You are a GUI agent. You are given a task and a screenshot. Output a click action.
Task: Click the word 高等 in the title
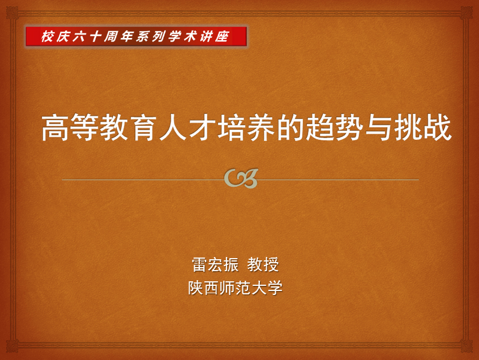(x=70, y=127)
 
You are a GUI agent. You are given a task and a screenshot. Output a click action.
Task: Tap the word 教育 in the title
(x=129, y=127)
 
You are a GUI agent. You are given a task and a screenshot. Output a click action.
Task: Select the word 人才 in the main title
(x=187, y=127)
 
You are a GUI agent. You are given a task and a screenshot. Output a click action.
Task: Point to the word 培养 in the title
(x=246, y=127)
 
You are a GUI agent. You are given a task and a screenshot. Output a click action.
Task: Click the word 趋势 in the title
(x=334, y=127)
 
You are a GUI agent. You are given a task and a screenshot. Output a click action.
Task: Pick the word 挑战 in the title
(x=423, y=127)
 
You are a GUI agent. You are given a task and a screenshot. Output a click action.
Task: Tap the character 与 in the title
(x=378, y=127)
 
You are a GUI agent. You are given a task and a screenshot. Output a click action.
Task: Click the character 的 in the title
(x=290, y=127)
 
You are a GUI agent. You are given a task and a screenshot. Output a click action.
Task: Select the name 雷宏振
(x=215, y=264)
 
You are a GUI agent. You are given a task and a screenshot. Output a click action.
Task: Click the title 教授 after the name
(x=263, y=264)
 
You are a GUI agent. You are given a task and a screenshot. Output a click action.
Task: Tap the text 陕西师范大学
(x=235, y=288)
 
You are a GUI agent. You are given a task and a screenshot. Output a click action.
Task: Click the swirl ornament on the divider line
(x=241, y=178)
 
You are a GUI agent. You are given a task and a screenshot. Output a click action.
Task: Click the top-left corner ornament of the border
(x=12, y=12)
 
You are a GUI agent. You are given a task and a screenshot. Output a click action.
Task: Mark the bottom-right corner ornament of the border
(x=467, y=346)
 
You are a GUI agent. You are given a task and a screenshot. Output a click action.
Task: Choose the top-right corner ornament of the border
(x=467, y=12)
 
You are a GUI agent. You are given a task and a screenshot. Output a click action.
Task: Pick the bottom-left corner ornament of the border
(x=12, y=346)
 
